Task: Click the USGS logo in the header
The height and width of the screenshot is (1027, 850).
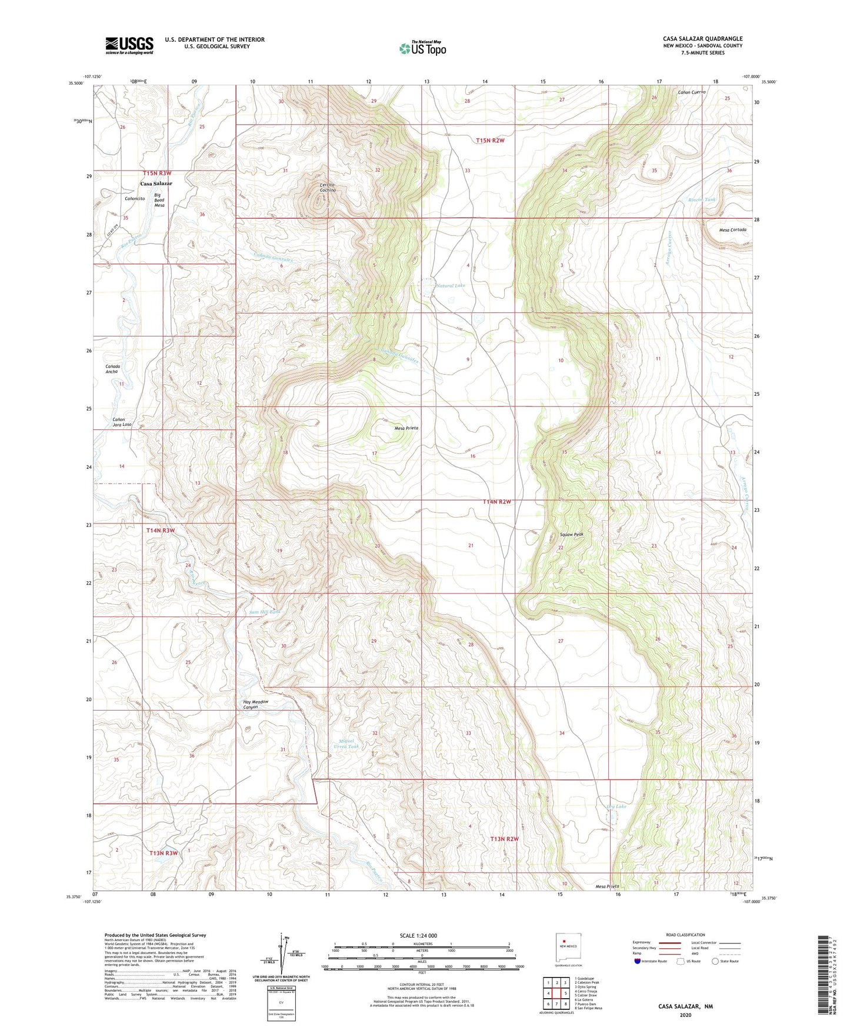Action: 129,45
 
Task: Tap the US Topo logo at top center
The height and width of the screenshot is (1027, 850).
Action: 422,48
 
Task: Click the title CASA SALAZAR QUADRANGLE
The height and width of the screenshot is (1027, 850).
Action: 702,39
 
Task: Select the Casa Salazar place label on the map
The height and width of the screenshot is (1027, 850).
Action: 156,184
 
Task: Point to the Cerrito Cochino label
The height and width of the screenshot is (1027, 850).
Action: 328,188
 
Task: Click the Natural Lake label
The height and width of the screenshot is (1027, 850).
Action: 451,286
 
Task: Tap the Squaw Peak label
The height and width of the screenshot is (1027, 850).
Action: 571,535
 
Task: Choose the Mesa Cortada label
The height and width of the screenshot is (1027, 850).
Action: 732,229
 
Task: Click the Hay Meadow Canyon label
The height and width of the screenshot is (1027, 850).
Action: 256,704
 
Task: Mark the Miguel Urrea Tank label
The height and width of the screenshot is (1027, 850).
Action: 345,743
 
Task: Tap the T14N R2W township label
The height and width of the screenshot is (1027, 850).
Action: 496,502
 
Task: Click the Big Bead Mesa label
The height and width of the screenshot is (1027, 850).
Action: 159,200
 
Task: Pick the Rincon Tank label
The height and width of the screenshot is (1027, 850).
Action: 702,200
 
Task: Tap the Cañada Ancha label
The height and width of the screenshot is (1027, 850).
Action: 113,369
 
